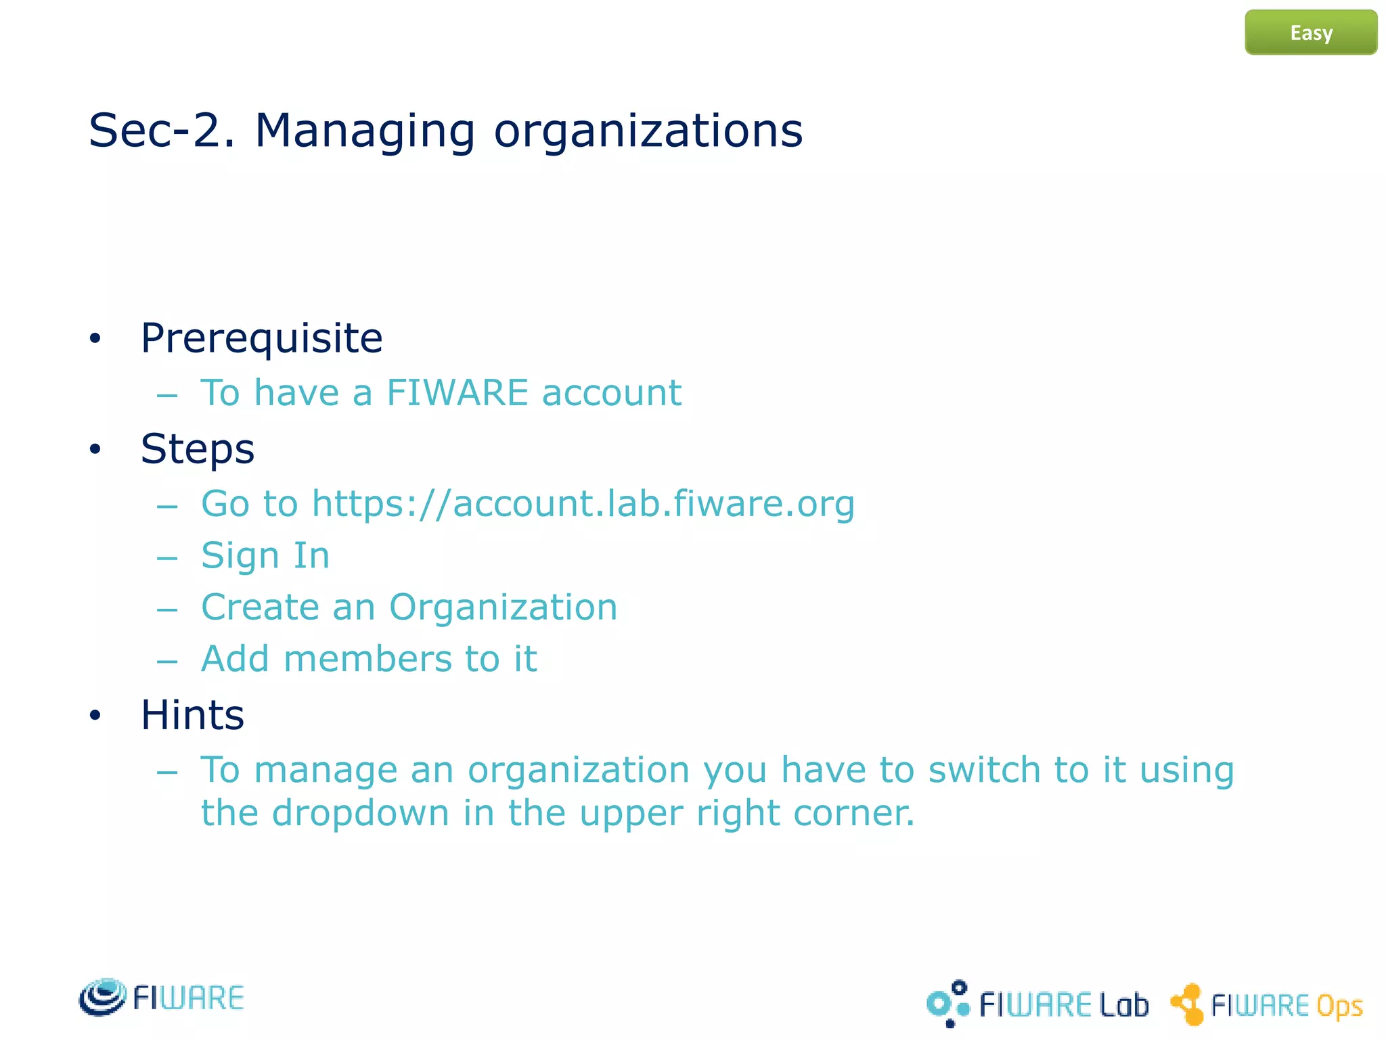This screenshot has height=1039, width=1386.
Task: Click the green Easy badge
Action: click(x=1310, y=32)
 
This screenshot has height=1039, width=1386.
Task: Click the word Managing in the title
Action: click(x=365, y=131)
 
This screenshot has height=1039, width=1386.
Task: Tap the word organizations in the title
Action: click(x=648, y=131)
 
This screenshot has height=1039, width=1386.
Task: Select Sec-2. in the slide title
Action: click(x=162, y=131)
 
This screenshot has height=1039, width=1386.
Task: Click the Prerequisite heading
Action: click(x=261, y=338)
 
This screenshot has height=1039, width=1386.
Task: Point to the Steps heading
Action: click(x=197, y=448)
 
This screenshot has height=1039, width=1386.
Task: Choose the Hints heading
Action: click(x=192, y=715)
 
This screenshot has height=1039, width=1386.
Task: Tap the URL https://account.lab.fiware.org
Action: click(x=583, y=504)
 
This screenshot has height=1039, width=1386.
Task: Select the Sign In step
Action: click(x=265, y=556)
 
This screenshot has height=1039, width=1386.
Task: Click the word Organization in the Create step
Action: click(x=503, y=607)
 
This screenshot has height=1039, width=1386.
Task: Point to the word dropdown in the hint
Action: click(x=360, y=813)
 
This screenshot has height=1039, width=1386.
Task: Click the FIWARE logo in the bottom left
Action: click(x=161, y=997)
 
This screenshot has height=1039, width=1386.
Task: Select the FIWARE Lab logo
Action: click(x=1037, y=1004)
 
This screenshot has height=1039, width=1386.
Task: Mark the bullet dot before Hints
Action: click(x=95, y=715)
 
